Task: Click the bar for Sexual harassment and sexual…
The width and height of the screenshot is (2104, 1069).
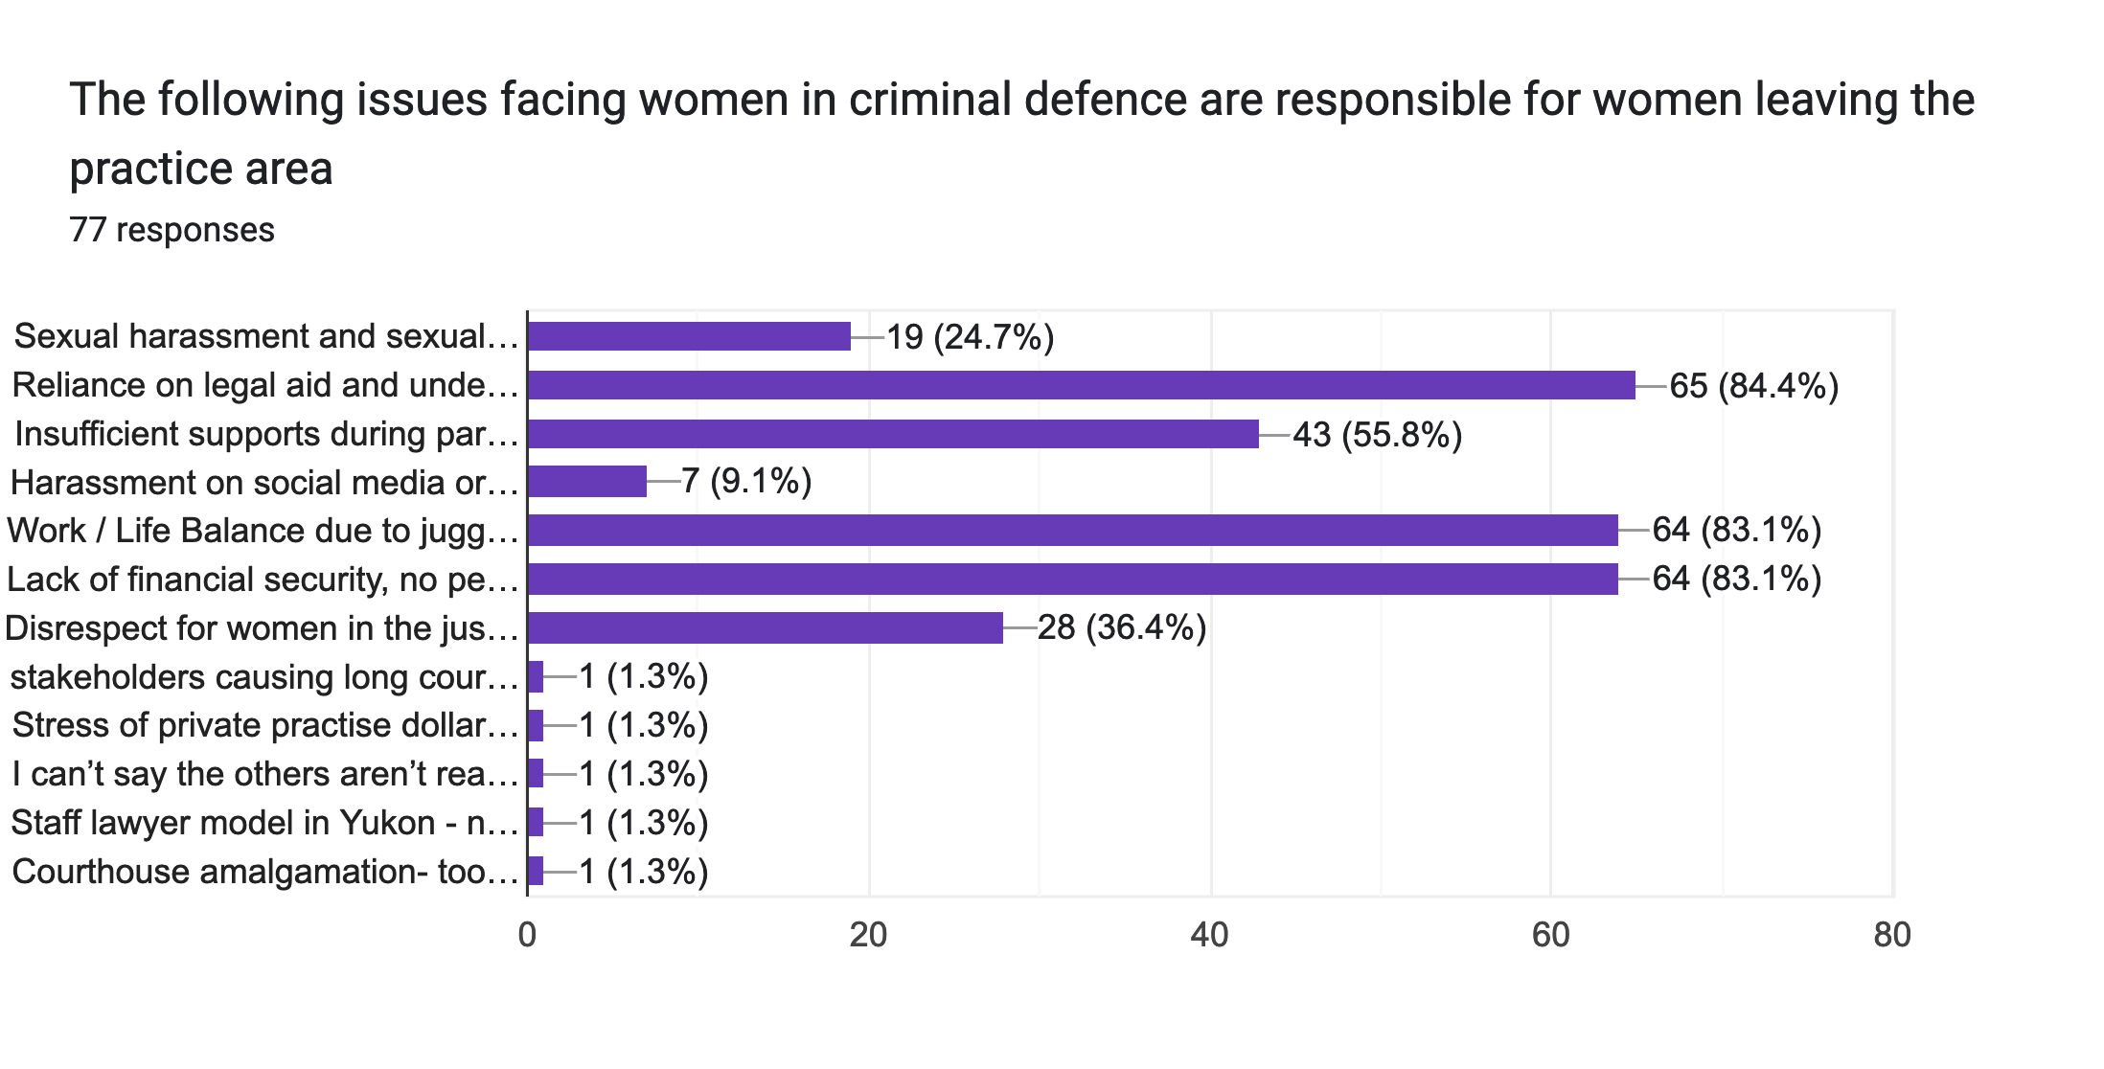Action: coord(689,336)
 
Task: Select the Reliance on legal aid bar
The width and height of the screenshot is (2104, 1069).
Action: coord(1081,385)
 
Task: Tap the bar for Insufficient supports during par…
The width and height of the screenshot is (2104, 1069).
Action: coord(893,434)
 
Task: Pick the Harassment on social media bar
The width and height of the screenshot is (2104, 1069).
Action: coord(587,482)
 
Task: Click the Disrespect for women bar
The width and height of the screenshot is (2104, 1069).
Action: coord(766,627)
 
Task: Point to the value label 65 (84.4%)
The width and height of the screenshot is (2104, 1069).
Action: coord(1753,386)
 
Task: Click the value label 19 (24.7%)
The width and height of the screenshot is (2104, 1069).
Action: coord(970,337)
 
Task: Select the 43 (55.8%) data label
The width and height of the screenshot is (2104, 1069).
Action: coord(1377,435)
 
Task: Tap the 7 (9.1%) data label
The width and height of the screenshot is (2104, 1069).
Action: coord(746,481)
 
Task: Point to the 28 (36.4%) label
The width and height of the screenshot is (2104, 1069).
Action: coord(1122,628)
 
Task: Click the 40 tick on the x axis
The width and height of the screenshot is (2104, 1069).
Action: coord(1210,935)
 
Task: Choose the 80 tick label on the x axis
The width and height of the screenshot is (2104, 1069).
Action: coord(1892,935)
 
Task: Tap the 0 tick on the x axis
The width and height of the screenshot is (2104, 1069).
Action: coord(527,935)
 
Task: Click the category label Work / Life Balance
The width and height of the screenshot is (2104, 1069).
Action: coord(263,531)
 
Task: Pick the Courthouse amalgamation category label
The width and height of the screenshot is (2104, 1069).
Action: coord(264,872)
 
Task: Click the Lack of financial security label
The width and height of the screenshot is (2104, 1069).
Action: coord(263,580)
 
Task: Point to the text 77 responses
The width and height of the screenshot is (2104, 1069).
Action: coord(172,230)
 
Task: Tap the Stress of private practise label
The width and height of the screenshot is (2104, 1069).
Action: coord(264,725)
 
